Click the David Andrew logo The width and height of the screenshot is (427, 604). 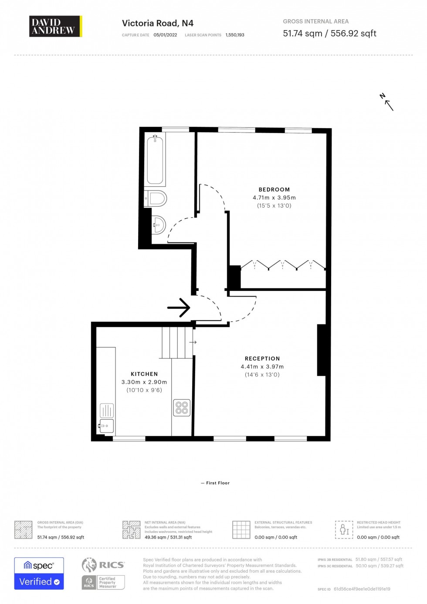(55, 26)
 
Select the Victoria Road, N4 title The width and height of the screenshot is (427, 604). (157, 23)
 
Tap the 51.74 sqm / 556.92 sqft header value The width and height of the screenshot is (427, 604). (329, 34)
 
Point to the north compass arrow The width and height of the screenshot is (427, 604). (386, 102)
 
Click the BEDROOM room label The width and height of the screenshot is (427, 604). (274, 190)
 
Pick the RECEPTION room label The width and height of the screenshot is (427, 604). (262, 358)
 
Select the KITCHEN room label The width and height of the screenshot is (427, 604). (144, 374)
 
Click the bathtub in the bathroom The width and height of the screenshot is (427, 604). (155, 160)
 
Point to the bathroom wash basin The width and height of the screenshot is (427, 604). (159, 225)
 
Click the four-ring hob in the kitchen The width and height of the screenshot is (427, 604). (182, 408)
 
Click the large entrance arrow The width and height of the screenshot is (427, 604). (179, 307)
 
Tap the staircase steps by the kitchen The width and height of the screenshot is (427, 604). (177, 343)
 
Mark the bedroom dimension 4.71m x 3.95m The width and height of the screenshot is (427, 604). (274, 198)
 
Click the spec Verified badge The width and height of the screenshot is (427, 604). (39, 573)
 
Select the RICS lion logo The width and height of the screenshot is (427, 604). (89, 565)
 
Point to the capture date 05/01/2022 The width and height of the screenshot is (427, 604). (165, 35)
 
